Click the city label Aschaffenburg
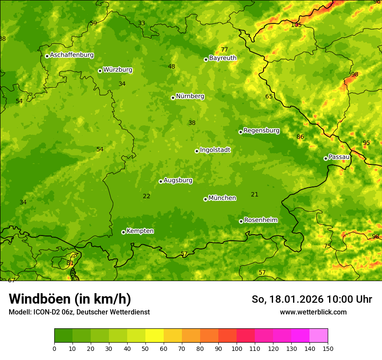pos(72,55)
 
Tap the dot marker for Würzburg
pos(100,71)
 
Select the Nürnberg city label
pos(190,96)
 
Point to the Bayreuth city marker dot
pos(206,59)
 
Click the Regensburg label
pos(261,131)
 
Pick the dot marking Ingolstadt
pos(197,151)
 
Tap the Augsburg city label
pos(178,180)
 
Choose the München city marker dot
pos(205,199)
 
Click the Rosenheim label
pos(260,220)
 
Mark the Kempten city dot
pos(123,232)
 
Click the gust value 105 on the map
pos(296,25)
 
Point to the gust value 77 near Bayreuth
pos(224,50)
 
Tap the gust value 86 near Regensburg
pos(300,137)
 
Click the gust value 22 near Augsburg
pos(147,196)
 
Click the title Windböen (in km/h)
pos(70,299)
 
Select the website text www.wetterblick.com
pos(313,312)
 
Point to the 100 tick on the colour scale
pos(237,348)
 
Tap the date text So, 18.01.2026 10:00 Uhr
pos(312,299)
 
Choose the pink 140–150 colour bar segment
pos(319,336)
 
